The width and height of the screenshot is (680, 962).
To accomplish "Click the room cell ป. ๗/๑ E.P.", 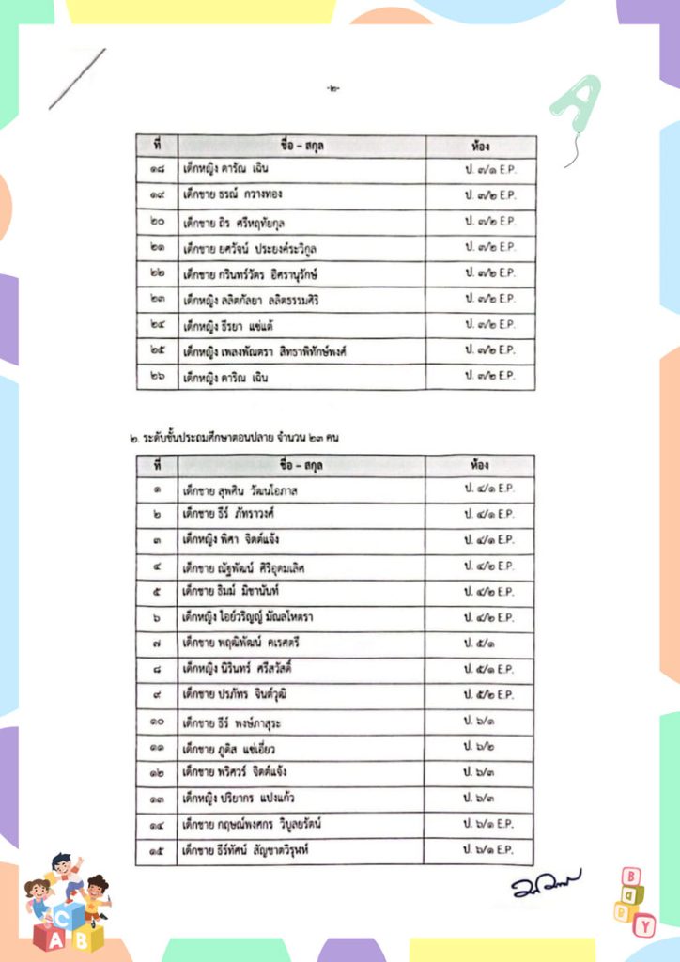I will [489, 171].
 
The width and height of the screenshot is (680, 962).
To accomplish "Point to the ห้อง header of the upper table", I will [481, 147].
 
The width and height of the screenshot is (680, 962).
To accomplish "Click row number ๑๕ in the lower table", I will [156, 850].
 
